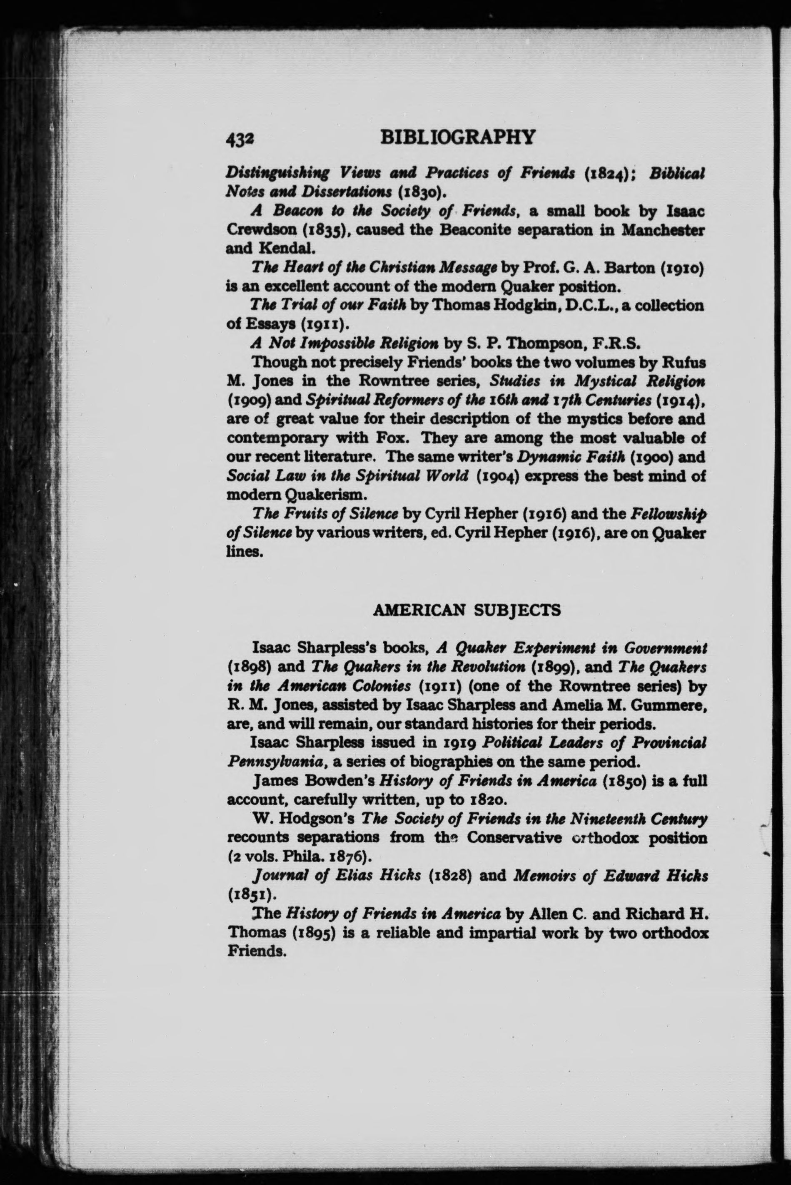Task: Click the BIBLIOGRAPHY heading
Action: (x=457, y=137)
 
